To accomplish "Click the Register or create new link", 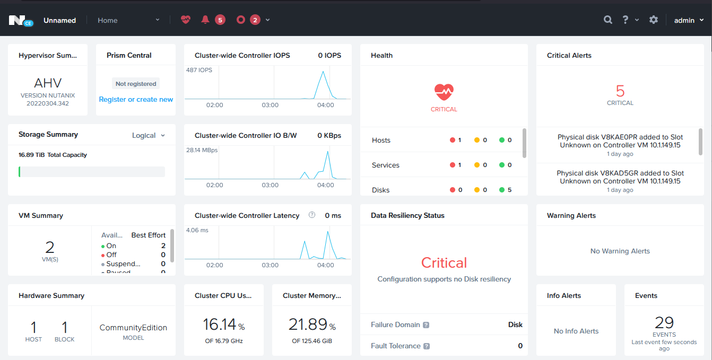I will click(136, 99).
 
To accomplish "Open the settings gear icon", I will click(654, 20).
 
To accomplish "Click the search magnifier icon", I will click(608, 20).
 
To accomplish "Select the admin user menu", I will click(689, 20).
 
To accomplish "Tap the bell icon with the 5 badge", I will click(205, 20).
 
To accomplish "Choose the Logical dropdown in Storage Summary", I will click(148, 135).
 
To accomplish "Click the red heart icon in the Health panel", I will click(444, 92).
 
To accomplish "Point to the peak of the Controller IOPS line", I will click(322, 71).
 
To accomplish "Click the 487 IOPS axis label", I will click(199, 70).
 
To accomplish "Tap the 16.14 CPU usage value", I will click(220, 324).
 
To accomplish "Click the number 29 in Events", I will click(664, 322).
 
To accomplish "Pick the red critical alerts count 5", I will click(620, 91).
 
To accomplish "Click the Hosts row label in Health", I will click(381, 140).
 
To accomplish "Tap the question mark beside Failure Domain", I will click(426, 325).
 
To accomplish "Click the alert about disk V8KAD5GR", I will click(620, 177).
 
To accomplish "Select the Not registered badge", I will click(136, 84).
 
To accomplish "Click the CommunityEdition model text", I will click(133, 328).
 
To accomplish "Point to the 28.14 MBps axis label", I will click(202, 150).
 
